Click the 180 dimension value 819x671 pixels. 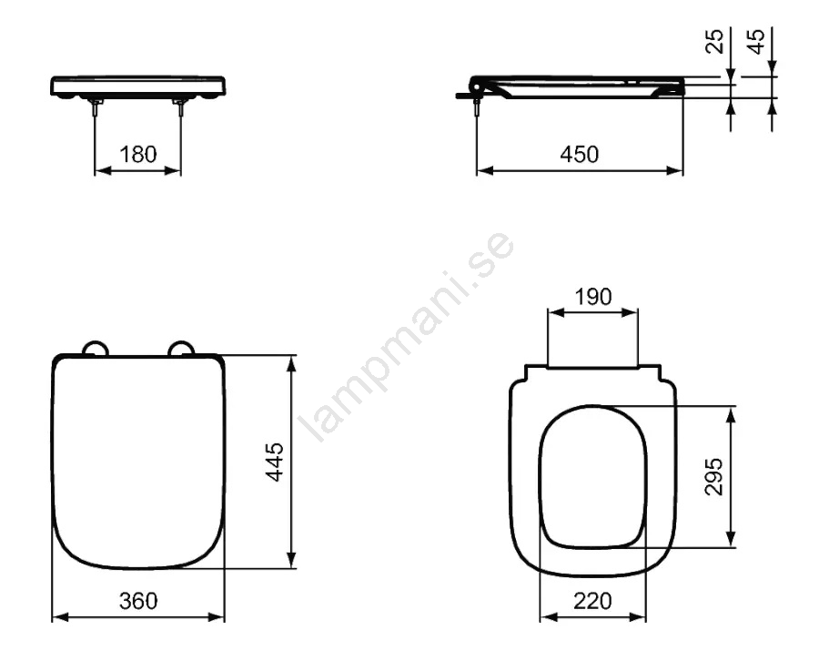point(138,155)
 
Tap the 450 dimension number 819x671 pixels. point(580,155)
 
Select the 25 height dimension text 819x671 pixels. point(715,41)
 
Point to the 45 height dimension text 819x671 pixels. point(756,41)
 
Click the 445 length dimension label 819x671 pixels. point(275,462)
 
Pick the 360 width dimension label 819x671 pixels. point(138,601)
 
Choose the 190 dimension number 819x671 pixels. point(592,297)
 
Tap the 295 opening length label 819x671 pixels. point(714,476)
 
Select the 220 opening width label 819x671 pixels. point(592,601)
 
